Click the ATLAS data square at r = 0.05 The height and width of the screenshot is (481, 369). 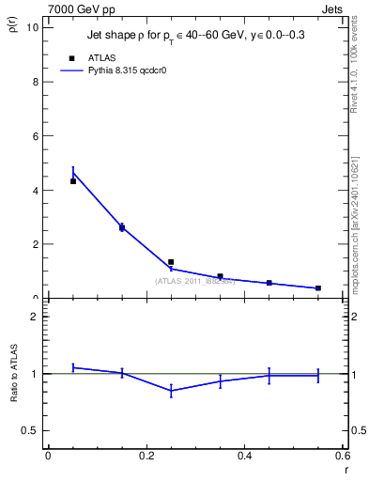pyautogui.click(x=72, y=181)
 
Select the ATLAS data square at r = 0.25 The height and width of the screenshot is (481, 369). pyautogui.click(x=171, y=262)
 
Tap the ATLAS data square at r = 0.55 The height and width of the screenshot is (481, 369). pyautogui.click(x=318, y=288)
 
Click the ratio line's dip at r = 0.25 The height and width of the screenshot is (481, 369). pyautogui.click(x=171, y=390)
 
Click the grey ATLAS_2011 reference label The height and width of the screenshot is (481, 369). pyautogui.click(x=195, y=279)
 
